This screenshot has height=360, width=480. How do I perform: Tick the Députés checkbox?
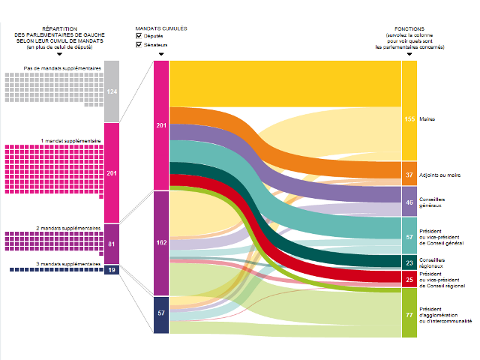(139, 36)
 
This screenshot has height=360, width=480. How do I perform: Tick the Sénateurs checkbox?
(139, 45)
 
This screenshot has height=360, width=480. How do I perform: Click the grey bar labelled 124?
(112, 91)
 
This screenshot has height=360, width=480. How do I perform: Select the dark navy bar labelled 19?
(112, 269)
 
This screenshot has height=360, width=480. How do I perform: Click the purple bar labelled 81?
(112, 244)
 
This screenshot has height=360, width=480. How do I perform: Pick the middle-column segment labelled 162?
(161, 243)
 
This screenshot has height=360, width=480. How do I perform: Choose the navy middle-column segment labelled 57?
(161, 314)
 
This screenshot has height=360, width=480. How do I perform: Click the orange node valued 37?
(409, 174)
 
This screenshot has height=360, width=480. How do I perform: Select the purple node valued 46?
(409, 202)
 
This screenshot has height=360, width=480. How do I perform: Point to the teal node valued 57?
(409, 236)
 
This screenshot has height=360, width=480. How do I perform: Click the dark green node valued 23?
(409, 263)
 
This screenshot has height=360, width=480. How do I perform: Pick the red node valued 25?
(409, 280)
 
